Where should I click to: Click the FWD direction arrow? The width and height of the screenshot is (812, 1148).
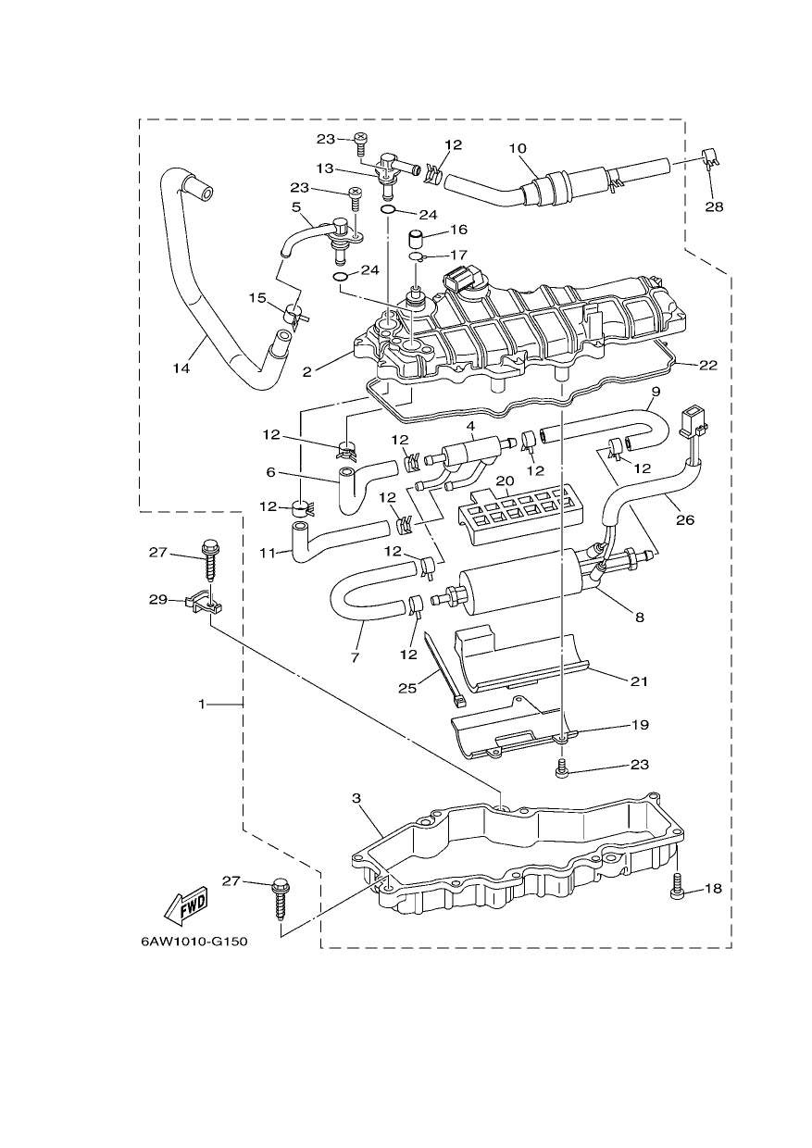[185, 905]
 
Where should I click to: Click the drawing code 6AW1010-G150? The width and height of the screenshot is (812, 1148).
[194, 942]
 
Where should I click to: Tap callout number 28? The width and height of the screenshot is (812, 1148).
[714, 206]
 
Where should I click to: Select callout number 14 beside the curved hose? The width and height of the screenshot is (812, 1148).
[181, 368]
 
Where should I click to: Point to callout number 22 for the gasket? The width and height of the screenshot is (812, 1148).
[708, 365]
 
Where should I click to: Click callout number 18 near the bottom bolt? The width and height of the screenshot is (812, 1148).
[713, 888]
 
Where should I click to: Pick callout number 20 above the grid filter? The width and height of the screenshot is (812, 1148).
[505, 480]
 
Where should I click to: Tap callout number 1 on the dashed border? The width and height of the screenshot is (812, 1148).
[202, 705]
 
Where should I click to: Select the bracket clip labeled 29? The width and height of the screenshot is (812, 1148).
[204, 601]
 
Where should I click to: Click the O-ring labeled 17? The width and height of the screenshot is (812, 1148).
[415, 256]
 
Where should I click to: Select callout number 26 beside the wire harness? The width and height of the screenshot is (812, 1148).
[685, 519]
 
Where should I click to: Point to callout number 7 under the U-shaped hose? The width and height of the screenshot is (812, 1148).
[356, 657]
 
